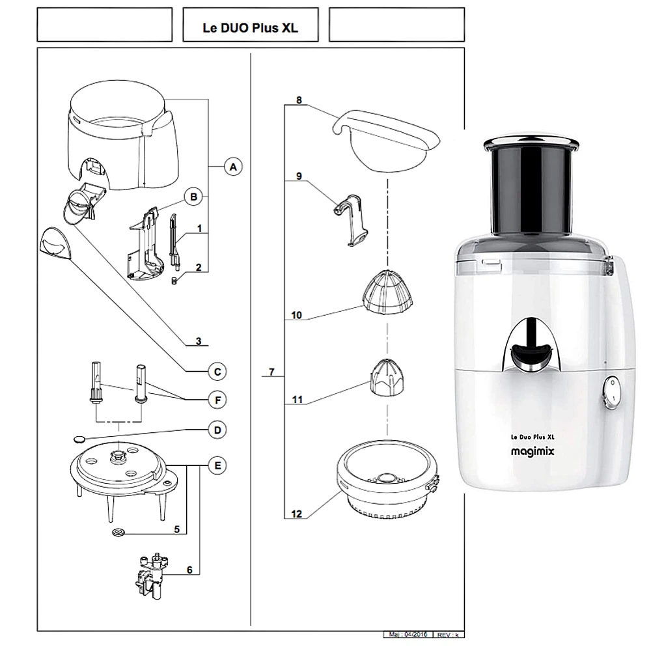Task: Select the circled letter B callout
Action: point(193,196)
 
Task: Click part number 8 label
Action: point(299,101)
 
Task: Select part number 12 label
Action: point(297,514)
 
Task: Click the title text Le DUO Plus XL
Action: point(251,29)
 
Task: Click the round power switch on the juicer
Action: point(611,393)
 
